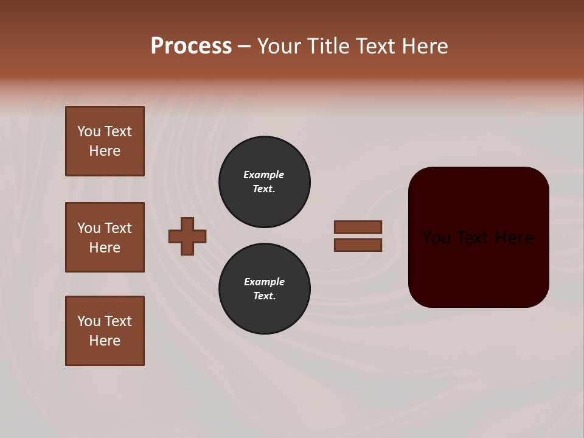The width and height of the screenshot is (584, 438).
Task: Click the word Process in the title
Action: pos(191,46)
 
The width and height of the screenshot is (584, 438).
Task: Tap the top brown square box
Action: pos(105,141)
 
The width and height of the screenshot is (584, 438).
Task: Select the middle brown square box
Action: pos(105,237)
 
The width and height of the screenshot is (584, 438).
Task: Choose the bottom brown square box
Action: pos(105,331)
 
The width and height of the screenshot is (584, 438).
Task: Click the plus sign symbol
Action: pos(187,236)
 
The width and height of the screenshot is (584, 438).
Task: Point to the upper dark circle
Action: pos(264,181)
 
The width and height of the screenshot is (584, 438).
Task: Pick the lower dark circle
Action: pos(264,288)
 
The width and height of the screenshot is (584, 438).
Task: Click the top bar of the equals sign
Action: pos(358,227)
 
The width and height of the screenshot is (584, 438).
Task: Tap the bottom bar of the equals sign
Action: pos(358,245)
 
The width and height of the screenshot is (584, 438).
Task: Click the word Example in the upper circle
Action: pos(263,175)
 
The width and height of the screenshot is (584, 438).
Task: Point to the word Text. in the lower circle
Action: pos(264,296)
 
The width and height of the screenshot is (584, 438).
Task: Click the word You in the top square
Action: pos(89,131)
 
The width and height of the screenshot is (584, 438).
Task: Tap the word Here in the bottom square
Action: pos(105,341)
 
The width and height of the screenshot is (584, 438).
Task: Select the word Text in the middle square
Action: pos(117,228)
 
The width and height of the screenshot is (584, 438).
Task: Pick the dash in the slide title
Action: pos(244,46)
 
